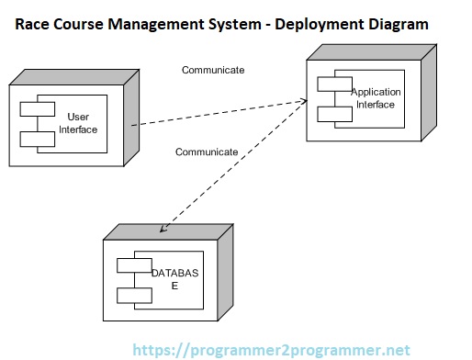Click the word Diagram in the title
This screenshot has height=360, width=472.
[x=397, y=25]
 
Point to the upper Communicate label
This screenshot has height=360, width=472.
[x=213, y=70]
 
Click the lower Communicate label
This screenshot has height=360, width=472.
[x=207, y=152]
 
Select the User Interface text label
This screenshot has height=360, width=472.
[x=78, y=123]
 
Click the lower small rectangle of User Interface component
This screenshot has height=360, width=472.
[x=37, y=140]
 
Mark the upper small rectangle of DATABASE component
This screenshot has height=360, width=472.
[x=134, y=267]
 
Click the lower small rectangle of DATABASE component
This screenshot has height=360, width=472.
[x=134, y=295]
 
